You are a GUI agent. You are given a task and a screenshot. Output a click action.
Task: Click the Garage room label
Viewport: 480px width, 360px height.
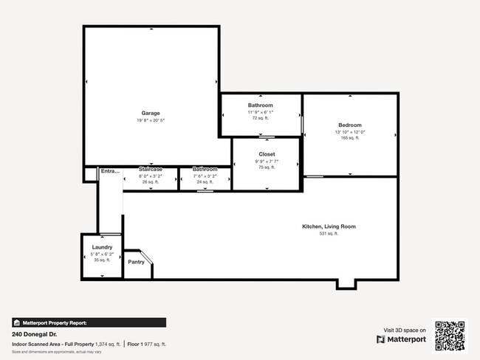[151, 113]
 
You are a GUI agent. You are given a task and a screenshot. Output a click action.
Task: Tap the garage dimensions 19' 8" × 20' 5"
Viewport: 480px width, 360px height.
[151, 120]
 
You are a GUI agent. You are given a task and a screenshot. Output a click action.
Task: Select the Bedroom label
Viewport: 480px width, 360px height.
[350, 125]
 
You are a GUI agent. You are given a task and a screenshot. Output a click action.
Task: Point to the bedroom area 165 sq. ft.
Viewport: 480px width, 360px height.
[350, 138]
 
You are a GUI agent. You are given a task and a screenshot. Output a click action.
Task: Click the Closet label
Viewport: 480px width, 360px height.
[267, 155]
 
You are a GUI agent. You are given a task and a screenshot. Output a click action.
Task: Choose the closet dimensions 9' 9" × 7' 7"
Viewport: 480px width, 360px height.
[267, 162]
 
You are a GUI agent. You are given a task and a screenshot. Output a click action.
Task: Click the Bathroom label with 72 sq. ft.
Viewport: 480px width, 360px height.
[260, 105]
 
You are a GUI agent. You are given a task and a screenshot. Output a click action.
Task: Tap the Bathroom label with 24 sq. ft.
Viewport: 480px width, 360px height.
[205, 170]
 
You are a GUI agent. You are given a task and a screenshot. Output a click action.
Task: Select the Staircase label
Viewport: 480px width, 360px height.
[151, 170]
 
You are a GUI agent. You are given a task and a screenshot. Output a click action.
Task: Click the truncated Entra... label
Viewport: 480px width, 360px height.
[110, 171]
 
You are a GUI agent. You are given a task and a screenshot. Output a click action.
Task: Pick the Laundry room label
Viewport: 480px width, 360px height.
[102, 247]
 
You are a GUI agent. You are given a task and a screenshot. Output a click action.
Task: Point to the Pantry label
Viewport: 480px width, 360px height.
[136, 262]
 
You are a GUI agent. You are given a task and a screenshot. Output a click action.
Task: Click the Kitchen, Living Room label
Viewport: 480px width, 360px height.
[329, 226]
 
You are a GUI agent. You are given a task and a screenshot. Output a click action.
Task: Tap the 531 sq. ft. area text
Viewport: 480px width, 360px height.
[329, 234]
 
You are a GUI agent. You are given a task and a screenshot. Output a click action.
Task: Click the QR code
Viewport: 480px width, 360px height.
[450, 336]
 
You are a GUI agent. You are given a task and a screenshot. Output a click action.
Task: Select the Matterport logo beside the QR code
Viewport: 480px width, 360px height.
[402, 339]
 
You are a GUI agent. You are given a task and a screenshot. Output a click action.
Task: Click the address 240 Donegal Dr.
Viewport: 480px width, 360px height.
[35, 334]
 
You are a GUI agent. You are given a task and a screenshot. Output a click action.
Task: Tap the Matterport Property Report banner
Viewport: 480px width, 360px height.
[89, 322]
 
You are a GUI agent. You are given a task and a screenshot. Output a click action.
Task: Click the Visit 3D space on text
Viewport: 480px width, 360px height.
[404, 330]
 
